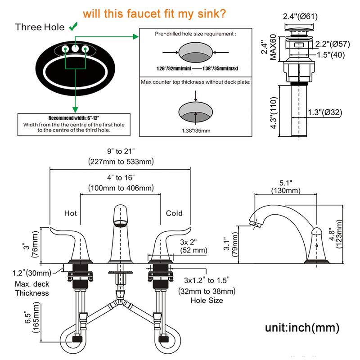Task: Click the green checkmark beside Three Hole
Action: click(x=72, y=27)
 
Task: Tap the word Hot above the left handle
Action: click(x=71, y=213)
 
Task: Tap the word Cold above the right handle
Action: click(x=174, y=213)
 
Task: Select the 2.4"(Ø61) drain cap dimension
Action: click(x=301, y=17)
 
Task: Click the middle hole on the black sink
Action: click(x=75, y=48)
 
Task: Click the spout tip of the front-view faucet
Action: click(x=121, y=223)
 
